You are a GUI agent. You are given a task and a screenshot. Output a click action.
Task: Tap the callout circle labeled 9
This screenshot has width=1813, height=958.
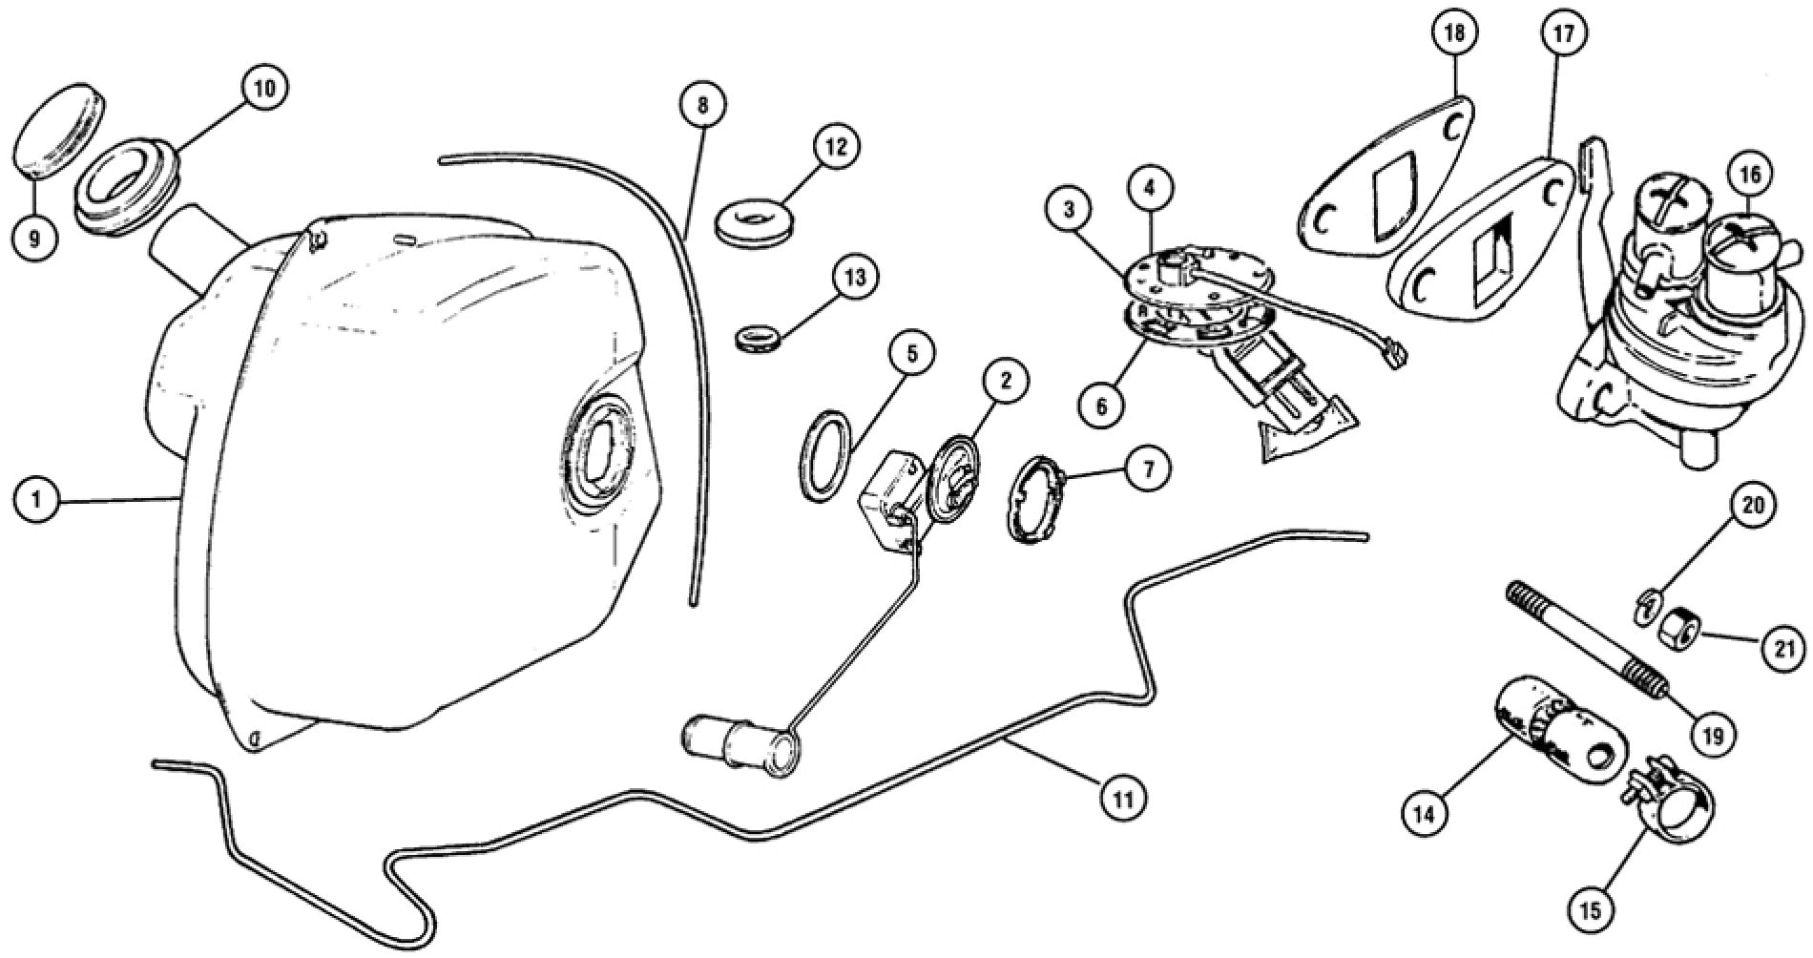tap(34, 238)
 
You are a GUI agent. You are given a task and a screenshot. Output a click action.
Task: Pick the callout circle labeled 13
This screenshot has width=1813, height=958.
tap(854, 278)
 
